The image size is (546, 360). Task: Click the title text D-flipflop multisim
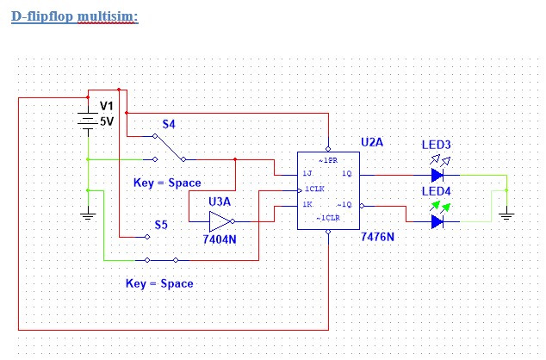(x=74, y=16)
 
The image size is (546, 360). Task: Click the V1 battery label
(x=107, y=105)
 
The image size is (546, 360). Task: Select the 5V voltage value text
(x=107, y=121)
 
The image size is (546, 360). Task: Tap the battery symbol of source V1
(x=87, y=121)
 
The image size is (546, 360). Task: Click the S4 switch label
(x=169, y=124)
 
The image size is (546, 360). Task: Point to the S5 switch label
(x=161, y=225)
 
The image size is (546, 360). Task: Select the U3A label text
(x=220, y=202)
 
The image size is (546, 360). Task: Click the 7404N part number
(x=220, y=239)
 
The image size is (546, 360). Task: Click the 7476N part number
(x=377, y=236)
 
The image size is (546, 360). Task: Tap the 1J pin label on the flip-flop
(x=307, y=174)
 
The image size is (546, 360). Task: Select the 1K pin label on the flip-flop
(x=307, y=205)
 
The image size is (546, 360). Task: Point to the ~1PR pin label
(x=328, y=160)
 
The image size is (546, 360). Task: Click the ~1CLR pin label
(x=328, y=220)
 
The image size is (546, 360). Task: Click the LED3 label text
(x=437, y=144)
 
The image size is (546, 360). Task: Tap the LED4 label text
(x=437, y=190)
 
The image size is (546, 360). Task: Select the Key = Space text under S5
(x=159, y=283)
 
